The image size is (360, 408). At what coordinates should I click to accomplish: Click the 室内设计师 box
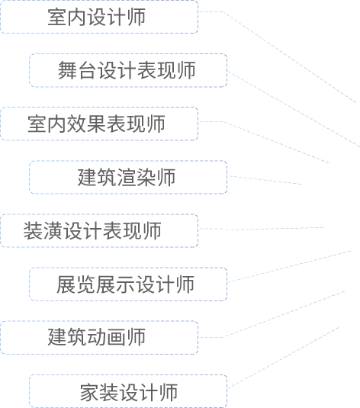pyautogui.click(x=99, y=17)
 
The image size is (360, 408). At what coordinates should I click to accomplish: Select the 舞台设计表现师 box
pyautogui.click(x=128, y=70)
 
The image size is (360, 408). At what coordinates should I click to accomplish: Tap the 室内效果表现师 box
pyautogui.click(x=99, y=124)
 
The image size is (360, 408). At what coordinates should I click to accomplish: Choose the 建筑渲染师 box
pyautogui.click(x=128, y=177)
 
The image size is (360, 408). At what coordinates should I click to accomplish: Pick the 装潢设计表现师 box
pyautogui.click(x=99, y=230)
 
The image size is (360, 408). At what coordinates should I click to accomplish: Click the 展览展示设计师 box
pyautogui.click(x=128, y=284)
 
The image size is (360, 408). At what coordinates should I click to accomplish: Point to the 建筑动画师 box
pyautogui.click(x=99, y=338)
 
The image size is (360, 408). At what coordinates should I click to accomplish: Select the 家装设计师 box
pyautogui.click(x=128, y=391)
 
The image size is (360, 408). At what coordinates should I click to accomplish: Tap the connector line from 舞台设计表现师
pyautogui.click(x=294, y=109)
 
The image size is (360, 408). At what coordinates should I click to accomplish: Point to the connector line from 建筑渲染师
pyautogui.click(x=265, y=180)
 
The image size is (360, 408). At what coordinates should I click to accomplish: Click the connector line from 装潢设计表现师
pyautogui.click(x=261, y=229)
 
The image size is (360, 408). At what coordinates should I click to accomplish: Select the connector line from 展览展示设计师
pyautogui.click(x=289, y=266)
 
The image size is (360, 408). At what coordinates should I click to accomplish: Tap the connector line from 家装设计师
pyautogui.click(x=283, y=358)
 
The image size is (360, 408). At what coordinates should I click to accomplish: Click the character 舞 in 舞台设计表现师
pyautogui.click(x=67, y=70)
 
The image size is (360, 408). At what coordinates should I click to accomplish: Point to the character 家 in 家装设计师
pyautogui.click(x=89, y=393)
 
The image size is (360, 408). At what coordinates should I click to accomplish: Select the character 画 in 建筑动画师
pyautogui.click(x=116, y=337)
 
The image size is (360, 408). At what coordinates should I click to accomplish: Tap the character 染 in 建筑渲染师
pyautogui.click(x=146, y=177)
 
